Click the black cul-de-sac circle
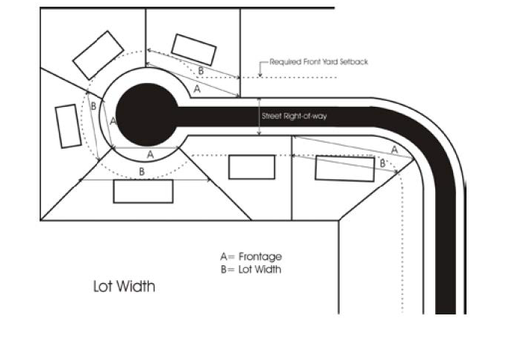[147, 114]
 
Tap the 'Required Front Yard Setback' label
[319, 62]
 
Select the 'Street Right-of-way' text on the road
[294, 117]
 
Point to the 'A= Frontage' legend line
[251, 257]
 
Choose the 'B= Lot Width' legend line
[251, 269]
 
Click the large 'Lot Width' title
[124, 286]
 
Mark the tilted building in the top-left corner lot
[98, 55]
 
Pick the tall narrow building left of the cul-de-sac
[68, 126]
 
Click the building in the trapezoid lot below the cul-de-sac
[143, 191]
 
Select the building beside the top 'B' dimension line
[194, 50]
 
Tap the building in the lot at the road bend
[345, 168]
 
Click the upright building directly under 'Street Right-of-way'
[252, 167]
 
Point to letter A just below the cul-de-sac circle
[150, 155]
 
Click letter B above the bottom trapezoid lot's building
[142, 172]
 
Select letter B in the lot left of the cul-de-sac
[93, 106]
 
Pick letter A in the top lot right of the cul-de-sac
[197, 89]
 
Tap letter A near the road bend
[395, 149]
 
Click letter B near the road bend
[382, 164]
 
